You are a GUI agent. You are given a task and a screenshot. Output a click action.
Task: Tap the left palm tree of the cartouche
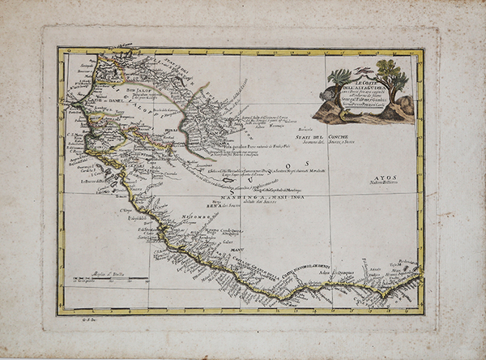pyautogui.click(x=339, y=81)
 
